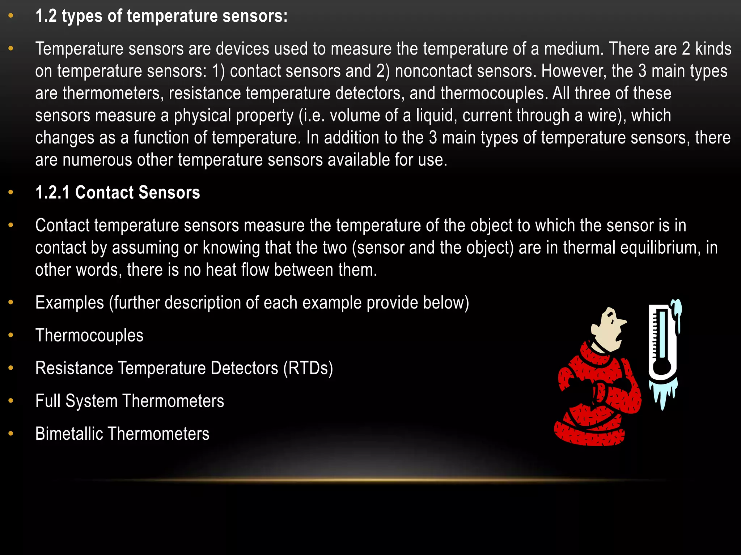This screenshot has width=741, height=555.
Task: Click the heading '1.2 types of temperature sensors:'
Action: pyautogui.click(x=161, y=16)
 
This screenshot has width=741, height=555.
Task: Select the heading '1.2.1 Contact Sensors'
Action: pyautogui.click(x=118, y=193)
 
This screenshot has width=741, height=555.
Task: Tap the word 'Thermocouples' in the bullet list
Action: pyautogui.click(x=89, y=335)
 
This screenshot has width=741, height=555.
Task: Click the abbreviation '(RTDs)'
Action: pyautogui.click(x=308, y=368)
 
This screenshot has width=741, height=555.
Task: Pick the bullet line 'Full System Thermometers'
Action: pyautogui.click(x=130, y=401)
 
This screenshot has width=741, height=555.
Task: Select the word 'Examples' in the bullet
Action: pyautogui.click(x=69, y=303)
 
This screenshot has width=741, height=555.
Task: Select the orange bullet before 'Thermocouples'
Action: pyautogui.click(x=11, y=335)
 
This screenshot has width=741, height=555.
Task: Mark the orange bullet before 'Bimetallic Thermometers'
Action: pyautogui.click(x=11, y=433)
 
